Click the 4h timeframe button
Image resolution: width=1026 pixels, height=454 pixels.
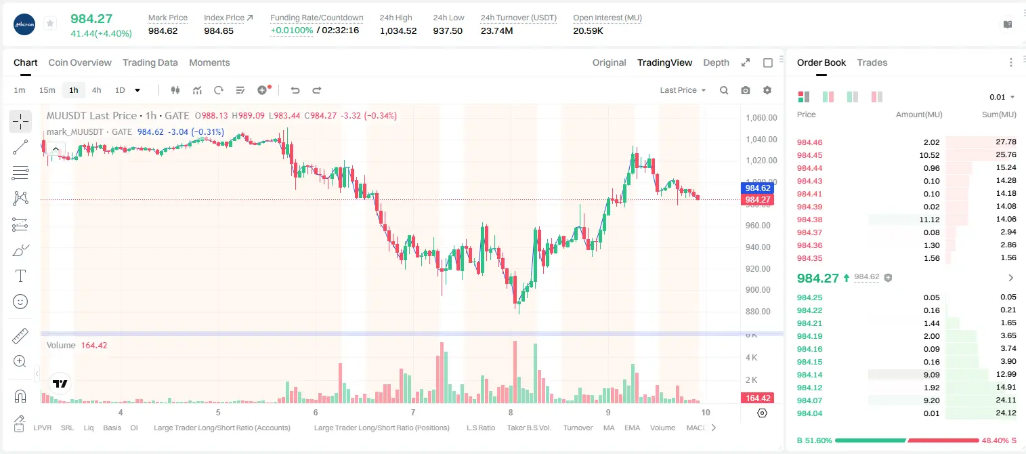pos(96,90)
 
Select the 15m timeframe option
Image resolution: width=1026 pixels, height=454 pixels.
pos(47,90)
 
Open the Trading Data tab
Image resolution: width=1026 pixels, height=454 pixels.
pos(150,62)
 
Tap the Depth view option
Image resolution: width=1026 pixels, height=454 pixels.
pos(716,62)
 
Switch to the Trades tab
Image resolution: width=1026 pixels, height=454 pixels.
pos(872,62)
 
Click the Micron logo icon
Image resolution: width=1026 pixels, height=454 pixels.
pos(24,24)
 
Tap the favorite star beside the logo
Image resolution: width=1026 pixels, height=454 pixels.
pos(50,23)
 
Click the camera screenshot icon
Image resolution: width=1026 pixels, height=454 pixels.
pos(746,90)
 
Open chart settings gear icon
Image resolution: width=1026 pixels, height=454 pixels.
pos(767,90)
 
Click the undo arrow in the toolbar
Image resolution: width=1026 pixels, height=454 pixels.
pos(295,90)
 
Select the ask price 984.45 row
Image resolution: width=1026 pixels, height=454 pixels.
pos(809,155)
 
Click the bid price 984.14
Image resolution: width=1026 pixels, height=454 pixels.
pos(809,375)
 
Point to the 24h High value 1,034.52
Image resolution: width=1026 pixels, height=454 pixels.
pos(398,30)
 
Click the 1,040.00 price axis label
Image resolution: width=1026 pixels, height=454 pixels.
pos(761,140)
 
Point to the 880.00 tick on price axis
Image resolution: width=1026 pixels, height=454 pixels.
pos(758,312)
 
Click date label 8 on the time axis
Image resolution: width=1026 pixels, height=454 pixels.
pos(510,412)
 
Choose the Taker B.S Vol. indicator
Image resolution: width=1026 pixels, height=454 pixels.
pos(528,428)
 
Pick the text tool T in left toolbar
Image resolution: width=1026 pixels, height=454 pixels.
pos(20,276)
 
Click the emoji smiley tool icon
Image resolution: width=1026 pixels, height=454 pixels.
pos(20,302)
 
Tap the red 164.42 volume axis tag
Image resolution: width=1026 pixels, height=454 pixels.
pos(758,398)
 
